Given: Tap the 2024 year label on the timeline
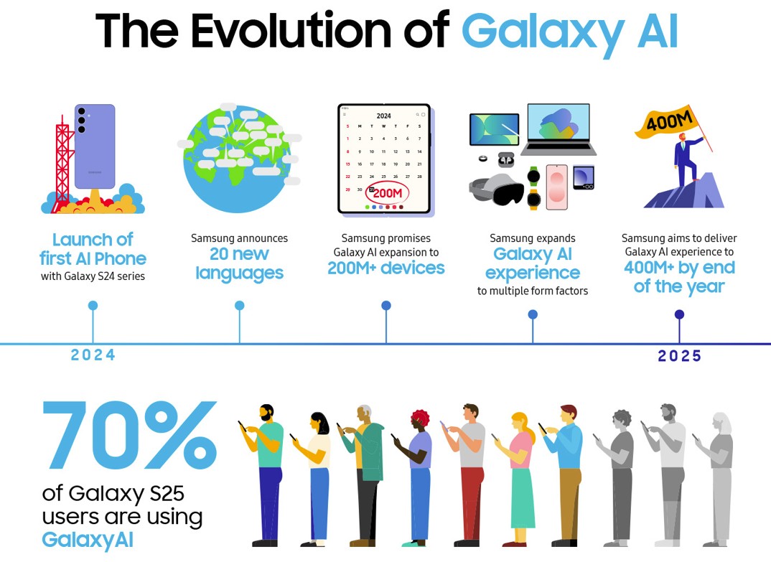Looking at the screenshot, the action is point(93,355).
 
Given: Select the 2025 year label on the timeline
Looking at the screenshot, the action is point(679,355).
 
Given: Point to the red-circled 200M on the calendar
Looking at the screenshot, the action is point(388,193).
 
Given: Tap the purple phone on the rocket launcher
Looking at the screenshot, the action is point(95,146).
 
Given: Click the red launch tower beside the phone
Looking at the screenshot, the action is point(62,163).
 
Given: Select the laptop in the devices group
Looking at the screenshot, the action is point(558,128).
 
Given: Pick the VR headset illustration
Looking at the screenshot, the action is point(496,189).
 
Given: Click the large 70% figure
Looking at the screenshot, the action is point(130,435).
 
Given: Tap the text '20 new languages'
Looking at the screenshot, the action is point(240,263).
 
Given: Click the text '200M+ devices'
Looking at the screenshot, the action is point(386,268).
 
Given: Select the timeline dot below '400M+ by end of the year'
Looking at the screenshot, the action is point(679,314).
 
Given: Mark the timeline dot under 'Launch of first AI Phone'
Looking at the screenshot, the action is point(93,305).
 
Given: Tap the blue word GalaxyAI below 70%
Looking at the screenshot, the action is point(88,540).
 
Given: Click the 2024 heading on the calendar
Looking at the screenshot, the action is point(383,116).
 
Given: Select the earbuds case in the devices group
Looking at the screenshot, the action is point(506,159).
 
